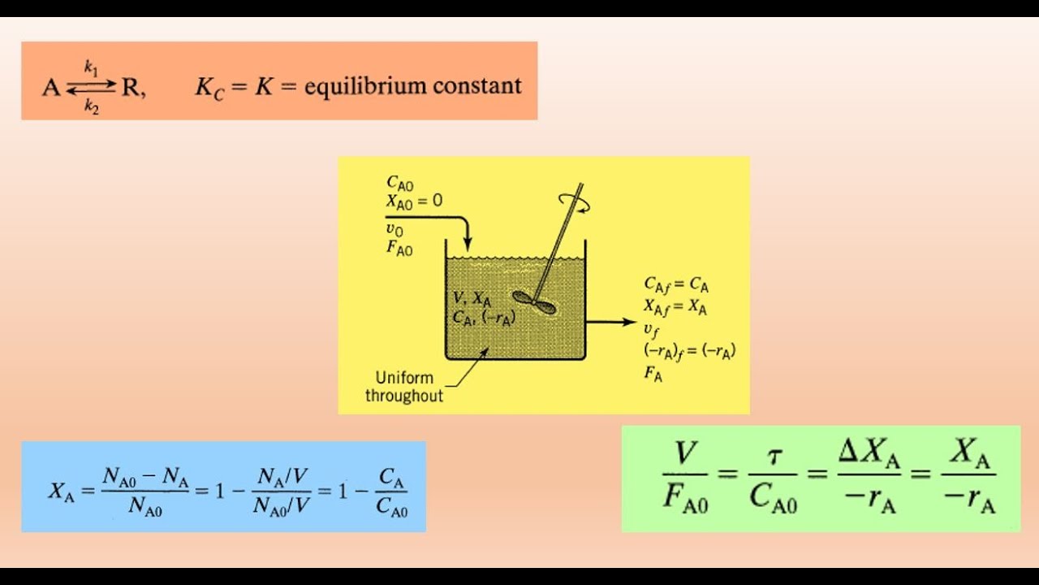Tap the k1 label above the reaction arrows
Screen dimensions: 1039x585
[92, 68]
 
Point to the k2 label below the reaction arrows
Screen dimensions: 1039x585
[92, 106]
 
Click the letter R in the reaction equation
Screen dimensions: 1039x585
[129, 87]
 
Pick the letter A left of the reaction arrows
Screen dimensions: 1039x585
[51, 87]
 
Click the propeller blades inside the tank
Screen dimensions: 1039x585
[534, 302]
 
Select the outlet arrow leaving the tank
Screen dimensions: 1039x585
[611, 322]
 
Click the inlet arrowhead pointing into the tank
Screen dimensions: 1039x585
[468, 245]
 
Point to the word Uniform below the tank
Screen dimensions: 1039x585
[404, 378]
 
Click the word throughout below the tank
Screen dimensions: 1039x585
[404, 396]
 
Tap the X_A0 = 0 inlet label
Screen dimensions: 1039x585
[414, 201]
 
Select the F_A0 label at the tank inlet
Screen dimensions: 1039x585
[399, 249]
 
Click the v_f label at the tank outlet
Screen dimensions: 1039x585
[651, 331]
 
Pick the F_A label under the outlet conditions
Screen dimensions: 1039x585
[653, 374]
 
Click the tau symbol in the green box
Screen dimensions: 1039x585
[773, 458]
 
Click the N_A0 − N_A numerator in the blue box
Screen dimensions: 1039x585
[145, 478]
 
